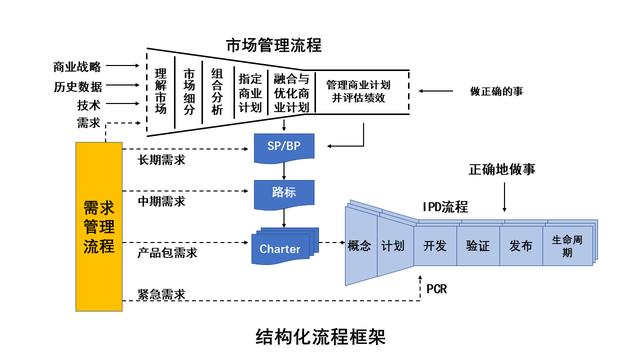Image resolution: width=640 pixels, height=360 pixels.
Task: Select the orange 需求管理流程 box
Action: [99, 225]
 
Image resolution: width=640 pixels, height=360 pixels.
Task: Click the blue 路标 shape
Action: [286, 191]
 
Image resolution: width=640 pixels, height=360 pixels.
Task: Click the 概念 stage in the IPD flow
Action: [359, 245]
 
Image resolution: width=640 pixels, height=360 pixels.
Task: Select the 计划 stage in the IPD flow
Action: [392, 245]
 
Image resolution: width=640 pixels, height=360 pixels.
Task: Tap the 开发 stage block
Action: [434, 245]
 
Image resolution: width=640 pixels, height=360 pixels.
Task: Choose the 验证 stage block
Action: [477, 245]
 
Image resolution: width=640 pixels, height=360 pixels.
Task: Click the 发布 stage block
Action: [520, 245]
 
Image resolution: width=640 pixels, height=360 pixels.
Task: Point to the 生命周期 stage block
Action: [567, 245]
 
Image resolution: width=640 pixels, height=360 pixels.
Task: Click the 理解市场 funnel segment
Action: [160, 90]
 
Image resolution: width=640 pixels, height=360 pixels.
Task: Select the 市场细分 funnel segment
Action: [189, 90]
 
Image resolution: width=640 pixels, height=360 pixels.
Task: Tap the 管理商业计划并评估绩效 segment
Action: [359, 91]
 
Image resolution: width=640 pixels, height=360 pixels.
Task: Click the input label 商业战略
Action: [77, 67]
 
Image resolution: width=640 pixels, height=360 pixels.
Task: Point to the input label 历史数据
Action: [77, 86]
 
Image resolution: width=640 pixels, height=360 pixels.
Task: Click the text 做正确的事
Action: [496, 91]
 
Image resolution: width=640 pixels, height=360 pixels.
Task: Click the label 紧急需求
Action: [166, 292]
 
